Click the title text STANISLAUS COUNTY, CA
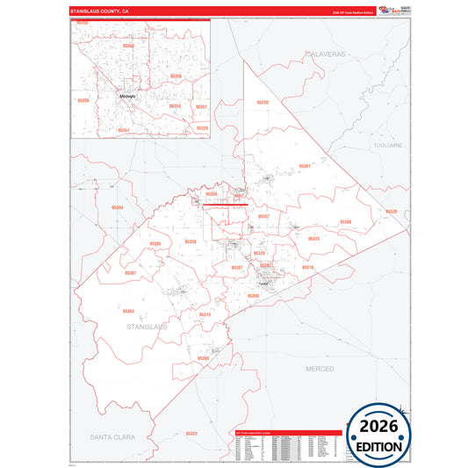pyautogui.click(x=98, y=11)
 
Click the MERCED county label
pyautogui.click(x=320, y=369)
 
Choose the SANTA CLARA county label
pyautogui.click(x=114, y=436)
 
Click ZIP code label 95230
pyautogui.click(x=263, y=103)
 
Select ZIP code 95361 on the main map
pyautogui.click(x=305, y=165)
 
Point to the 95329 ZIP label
pyautogui.click(x=391, y=212)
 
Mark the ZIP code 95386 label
pyautogui.click(x=345, y=222)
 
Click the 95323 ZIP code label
pyautogui.click(x=313, y=238)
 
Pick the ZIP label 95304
pyautogui.click(x=117, y=207)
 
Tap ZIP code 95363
pyautogui.click(x=128, y=311)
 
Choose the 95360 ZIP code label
pyautogui.click(x=203, y=358)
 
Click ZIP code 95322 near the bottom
pyautogui.click(x=191, y=434)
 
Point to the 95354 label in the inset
pyautogui.click(x=175, y=106)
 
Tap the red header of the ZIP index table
pyautogui.click(x=285, y=433)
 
